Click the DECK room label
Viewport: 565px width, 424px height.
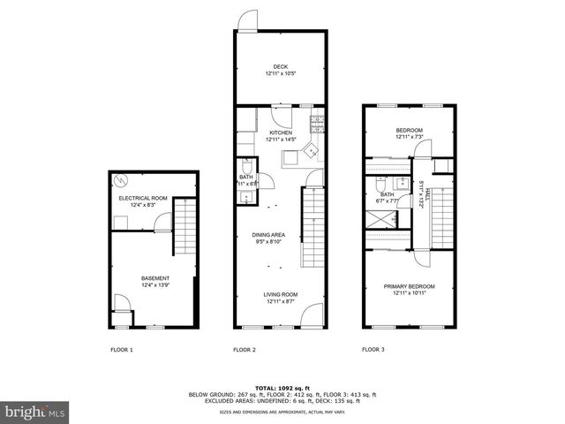tap(280, 66)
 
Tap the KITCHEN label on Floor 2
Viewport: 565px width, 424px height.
tap(280, 132)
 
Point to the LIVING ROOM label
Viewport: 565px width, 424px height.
tap(280, 295)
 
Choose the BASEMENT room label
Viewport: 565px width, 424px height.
tap(155, 278)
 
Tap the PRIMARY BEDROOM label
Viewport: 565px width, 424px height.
tap(409, 286)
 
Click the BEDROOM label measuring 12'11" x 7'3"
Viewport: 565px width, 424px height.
tap(409, 131)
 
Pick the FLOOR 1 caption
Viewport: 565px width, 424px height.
tap(121, 350)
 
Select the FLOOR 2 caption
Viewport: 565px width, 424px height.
tap(245, 350)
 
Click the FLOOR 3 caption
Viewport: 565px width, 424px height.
tap(373, 350)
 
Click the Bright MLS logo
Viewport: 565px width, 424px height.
tap(35, 412)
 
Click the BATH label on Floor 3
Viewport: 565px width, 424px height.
tap(388, 195)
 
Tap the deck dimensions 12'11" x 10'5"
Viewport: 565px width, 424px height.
tap(280, 72)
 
